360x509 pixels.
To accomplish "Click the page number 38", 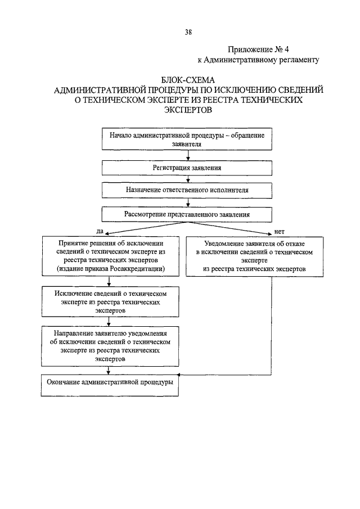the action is pos(188,32).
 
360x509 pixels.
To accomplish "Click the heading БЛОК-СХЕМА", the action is pos(188,80).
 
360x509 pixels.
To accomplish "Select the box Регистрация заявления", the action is pos(187,168).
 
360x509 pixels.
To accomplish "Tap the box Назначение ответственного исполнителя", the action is pos(187,190).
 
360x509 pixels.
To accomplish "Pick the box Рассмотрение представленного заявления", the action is pos(187,215).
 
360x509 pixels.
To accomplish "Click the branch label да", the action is pos(100,231).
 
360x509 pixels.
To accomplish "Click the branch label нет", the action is pos(279,232).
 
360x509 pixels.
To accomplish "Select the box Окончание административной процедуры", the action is pos(110,385).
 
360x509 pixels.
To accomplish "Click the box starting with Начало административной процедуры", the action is pos(187,139).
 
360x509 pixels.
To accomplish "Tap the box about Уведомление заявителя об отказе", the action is pos(254,256).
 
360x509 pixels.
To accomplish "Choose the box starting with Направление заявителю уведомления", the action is pos(110,346).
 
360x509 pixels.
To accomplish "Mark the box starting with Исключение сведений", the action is pos(110,301).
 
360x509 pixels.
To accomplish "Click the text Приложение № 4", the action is pos(258,49).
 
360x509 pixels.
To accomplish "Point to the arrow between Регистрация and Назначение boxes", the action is pos(188,179).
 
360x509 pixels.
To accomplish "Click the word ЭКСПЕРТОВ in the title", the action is pos(188,110).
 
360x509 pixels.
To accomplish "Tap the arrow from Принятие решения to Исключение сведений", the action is pos(109,281).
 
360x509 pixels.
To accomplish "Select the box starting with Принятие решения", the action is pos(111,256).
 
